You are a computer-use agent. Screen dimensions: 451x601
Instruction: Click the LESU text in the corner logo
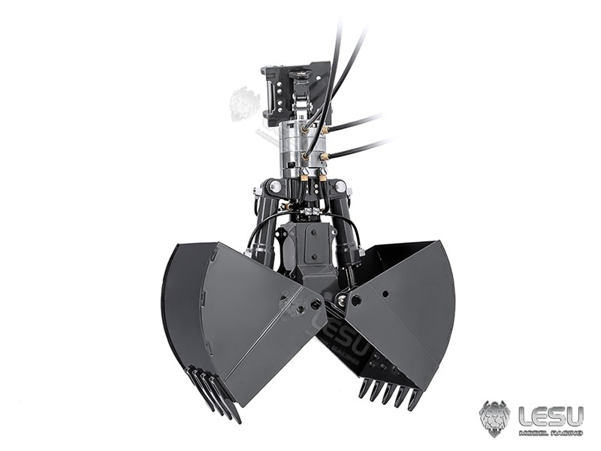pyautogui.click(x=551, y=415)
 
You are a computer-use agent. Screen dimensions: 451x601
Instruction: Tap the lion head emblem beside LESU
pyautogui.click(x=494, y=418)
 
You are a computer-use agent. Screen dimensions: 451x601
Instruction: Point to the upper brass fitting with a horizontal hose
pyautogui.click(x=325, y=129)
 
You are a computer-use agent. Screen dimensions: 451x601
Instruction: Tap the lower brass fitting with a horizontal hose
pyautogui.click(x=325, y=156)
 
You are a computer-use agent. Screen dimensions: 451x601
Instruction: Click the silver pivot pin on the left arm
pyautogui.click(x=275, y=186)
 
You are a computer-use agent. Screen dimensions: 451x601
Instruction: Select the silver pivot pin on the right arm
pyautogui.click(x=340, y=186)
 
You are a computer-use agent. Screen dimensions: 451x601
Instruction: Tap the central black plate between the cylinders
pyautogui.click(x=307, y=248)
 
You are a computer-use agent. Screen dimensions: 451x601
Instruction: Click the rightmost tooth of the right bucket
pyautogui.click(x=414, y=399)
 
